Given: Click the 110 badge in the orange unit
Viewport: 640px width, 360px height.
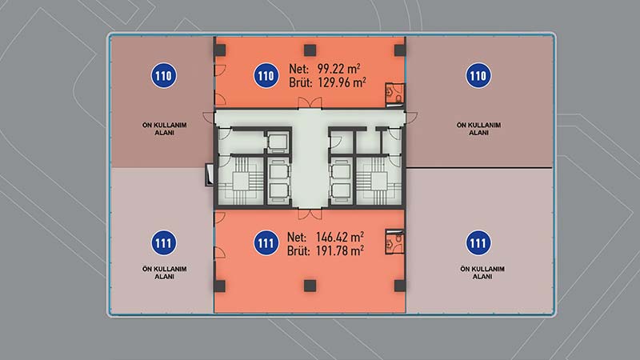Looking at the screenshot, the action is [266, 75].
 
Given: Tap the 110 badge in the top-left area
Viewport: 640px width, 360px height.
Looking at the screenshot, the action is [164, 75].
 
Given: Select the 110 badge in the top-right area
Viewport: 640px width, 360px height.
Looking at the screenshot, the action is [478, 75].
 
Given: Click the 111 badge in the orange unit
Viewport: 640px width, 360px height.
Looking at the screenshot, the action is [266, 243].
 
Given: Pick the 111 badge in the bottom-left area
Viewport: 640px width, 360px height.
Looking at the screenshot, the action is [164, 243].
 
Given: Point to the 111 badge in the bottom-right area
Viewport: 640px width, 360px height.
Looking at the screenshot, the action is [478, 243].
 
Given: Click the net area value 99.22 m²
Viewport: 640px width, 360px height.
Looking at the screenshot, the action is [338, 68].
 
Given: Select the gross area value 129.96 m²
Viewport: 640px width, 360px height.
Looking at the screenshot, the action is [342, 82].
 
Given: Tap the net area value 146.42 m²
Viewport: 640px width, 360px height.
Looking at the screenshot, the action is [340, 237].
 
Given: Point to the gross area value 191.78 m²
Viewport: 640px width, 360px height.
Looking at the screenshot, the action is [340, 250].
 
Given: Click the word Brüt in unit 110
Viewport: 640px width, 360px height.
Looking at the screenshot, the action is [301, 82].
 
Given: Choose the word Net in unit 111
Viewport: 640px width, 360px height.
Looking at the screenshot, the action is [297, 237].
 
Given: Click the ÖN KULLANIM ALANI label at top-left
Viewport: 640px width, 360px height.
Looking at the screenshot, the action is [165, 129].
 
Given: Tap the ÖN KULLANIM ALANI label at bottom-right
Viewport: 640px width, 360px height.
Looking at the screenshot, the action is [482, 273].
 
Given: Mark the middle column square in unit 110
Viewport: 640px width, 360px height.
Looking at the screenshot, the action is [310, 50].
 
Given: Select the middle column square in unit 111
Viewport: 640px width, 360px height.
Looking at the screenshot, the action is [310, 286].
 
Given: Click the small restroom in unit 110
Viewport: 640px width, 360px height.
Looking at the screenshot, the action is [395, 95].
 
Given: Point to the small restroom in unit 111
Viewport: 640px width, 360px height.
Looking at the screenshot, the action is [395, 242].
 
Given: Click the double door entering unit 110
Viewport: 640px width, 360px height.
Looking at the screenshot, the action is [310, 103].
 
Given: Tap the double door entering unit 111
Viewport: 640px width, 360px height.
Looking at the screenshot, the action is [310, 214].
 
